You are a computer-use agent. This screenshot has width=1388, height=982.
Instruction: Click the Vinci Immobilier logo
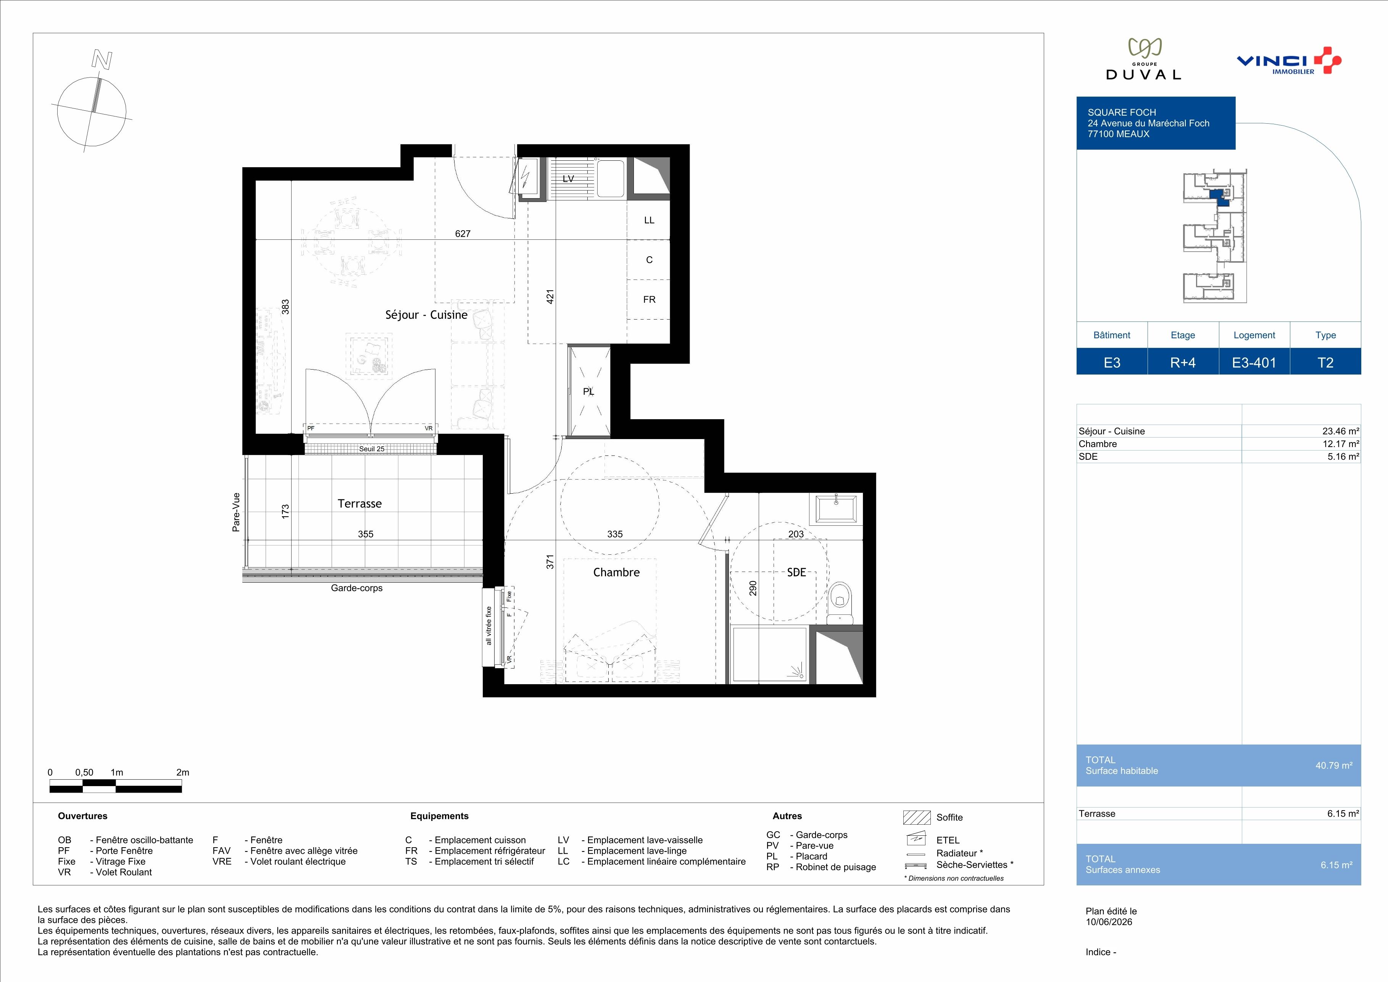(x=1288, y=60)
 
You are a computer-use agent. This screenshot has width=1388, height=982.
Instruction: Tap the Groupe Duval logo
(x=1143, y=59)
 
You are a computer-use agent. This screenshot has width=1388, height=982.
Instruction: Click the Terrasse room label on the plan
(x=360, y=504)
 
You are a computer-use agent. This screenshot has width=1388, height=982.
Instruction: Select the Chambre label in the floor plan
(x=616, y=572)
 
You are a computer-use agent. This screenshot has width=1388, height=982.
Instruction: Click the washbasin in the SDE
(x=836, y=509)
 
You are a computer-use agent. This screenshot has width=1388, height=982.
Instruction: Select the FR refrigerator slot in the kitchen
(x=649, y=299)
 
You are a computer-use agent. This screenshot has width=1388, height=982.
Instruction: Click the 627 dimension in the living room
(x=463, y=233)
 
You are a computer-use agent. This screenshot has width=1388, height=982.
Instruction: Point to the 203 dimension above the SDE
(x=796, y=534)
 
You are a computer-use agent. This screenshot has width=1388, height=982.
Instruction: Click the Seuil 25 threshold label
(x=372, y=449)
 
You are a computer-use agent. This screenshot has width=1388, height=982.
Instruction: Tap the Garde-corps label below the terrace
(x=357, y=588)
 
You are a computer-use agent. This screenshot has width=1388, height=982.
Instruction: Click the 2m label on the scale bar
(x=182, y=772)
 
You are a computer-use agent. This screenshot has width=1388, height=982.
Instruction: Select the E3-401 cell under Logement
(x=1254, y=363)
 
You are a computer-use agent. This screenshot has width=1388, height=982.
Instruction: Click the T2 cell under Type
(x=1326, y=363)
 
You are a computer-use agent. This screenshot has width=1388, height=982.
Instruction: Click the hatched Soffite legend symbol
(x=916, y=817)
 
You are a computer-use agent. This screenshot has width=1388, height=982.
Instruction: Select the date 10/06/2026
(x=1109, y=922)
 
